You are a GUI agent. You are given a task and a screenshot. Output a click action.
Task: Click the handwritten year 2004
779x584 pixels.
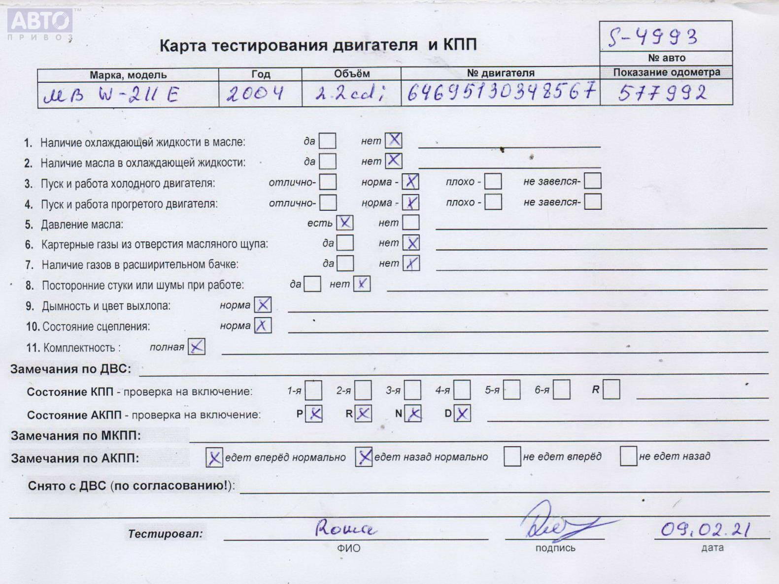click(255, 94)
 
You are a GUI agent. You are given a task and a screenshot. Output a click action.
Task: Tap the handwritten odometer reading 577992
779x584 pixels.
click(662, 93)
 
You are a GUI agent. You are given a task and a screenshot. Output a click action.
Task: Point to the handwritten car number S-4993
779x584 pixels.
click(653, 37)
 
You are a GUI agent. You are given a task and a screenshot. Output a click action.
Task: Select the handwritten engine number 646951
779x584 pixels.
click(501, 92)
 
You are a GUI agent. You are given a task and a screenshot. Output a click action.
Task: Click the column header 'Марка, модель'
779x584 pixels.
click(128, 75)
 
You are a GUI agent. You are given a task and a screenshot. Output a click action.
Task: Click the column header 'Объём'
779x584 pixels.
click(351, 74)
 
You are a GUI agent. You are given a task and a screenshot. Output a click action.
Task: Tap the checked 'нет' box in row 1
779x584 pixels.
click(394, 140)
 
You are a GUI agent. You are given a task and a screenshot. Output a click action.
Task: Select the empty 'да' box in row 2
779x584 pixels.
click(328, 162)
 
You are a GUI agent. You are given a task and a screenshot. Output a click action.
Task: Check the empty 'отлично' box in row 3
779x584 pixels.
click(328, 182)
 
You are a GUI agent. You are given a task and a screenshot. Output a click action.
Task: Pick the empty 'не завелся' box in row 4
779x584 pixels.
click(593, 202)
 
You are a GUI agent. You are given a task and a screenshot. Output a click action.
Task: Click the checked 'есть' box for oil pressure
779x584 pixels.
click(344, 223)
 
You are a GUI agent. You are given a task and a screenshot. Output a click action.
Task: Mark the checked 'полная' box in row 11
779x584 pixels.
click(197, 347)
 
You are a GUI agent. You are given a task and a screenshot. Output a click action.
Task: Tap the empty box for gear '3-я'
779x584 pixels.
click(413, 390)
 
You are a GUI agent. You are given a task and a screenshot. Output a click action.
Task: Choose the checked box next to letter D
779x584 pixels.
click(462, 414)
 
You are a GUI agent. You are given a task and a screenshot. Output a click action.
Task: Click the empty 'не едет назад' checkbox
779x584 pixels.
click(628, 456)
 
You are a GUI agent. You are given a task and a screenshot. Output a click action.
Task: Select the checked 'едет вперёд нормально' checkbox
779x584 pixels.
click(214, 458)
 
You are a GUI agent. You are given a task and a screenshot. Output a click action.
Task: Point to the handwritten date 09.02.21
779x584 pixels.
click(705, 529)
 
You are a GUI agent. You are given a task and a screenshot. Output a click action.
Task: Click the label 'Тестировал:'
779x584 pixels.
click(165, 534)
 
